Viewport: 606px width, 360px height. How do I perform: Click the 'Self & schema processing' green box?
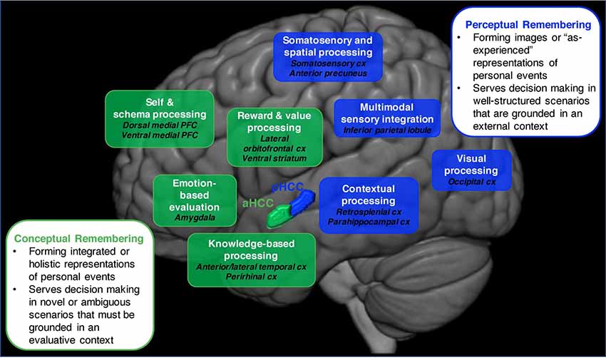(160, 118)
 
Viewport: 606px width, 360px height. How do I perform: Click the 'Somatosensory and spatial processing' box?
(327, 58)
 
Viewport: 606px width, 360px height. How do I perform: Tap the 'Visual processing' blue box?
(471, 170)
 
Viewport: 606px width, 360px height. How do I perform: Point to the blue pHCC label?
(288, 187)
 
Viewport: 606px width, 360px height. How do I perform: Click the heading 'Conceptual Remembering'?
(79, 237)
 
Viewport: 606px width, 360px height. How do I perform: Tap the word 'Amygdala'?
(195, 217)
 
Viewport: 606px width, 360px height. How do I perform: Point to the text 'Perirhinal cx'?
(251, 276)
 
